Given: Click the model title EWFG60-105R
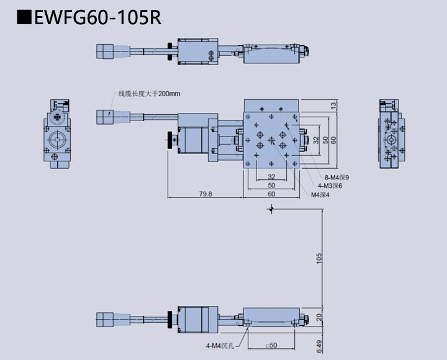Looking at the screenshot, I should pyautogui.click(x=97, y=17).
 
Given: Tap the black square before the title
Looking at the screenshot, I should pyautogui.click(x=24, y=17).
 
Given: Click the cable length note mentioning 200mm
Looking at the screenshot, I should pyautogui.click(x=149, y=94).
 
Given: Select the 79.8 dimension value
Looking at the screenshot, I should pyautogui.click(x=205, y=194).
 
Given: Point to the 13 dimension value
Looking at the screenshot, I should pyautogui.click(x=333, y=106).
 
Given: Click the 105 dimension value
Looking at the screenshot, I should pyautogui.click(x=319, y=258).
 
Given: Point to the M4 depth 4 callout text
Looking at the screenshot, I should pyautogui.click(x=321, y=194).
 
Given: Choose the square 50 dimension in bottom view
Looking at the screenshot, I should pyautogui.click(x=271, y=344).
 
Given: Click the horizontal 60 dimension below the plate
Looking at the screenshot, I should pyautogui.click(x=271, y=194).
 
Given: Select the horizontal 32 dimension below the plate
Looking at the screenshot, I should pyautogui.click(x=271, y=178).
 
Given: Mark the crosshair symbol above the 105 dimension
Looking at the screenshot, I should pyautogui.click(x=270, y=211).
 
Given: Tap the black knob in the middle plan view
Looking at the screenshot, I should pyautogui.click(x=169, y=141).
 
